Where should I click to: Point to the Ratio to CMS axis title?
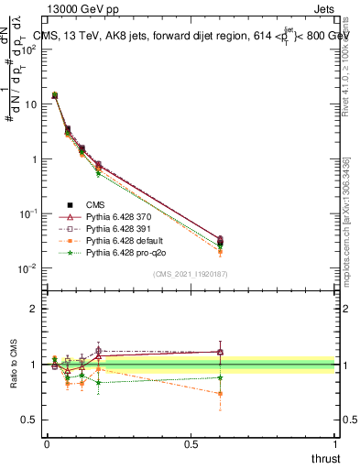tap(14, 365)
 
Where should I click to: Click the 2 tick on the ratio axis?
tap(35, 309)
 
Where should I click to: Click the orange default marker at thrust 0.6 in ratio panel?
tap(221, 394)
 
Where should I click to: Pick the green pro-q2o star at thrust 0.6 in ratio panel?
tap(221, 377)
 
